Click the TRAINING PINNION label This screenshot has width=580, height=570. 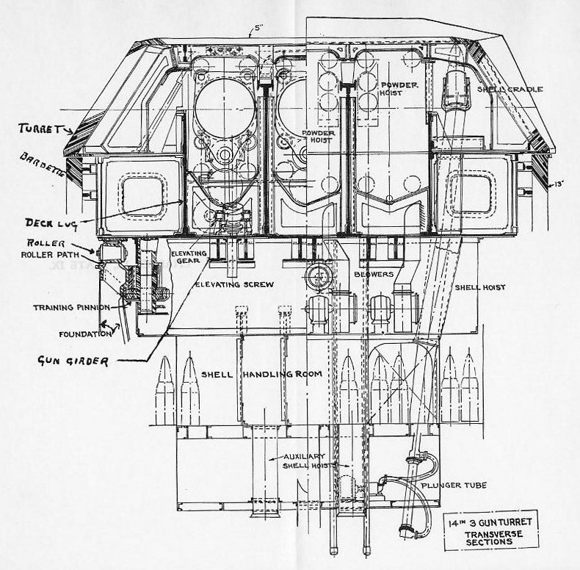pos(70,306)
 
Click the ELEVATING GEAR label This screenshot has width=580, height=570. pos(189,257)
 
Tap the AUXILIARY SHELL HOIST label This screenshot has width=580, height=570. pos(304,461)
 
